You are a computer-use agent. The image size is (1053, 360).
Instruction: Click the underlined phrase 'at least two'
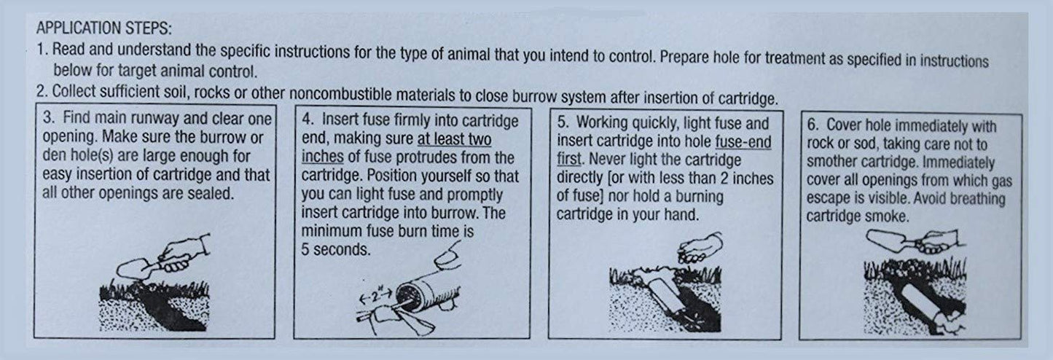pos(455,138)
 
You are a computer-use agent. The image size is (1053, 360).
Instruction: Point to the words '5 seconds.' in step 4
pos(336,249)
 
